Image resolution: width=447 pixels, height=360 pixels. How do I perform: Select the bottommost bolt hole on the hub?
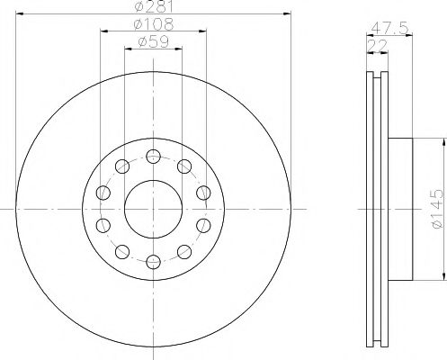pyautogui.click(x=153, y=262)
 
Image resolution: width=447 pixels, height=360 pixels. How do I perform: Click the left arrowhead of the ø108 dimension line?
pyautogui.click(x=101, y=32)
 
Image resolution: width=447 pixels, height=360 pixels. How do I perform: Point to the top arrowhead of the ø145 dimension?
pyautogui.click(x=443, y=140)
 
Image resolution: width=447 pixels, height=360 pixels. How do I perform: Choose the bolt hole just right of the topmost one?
pyautogui.click(x=184, y=165)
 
